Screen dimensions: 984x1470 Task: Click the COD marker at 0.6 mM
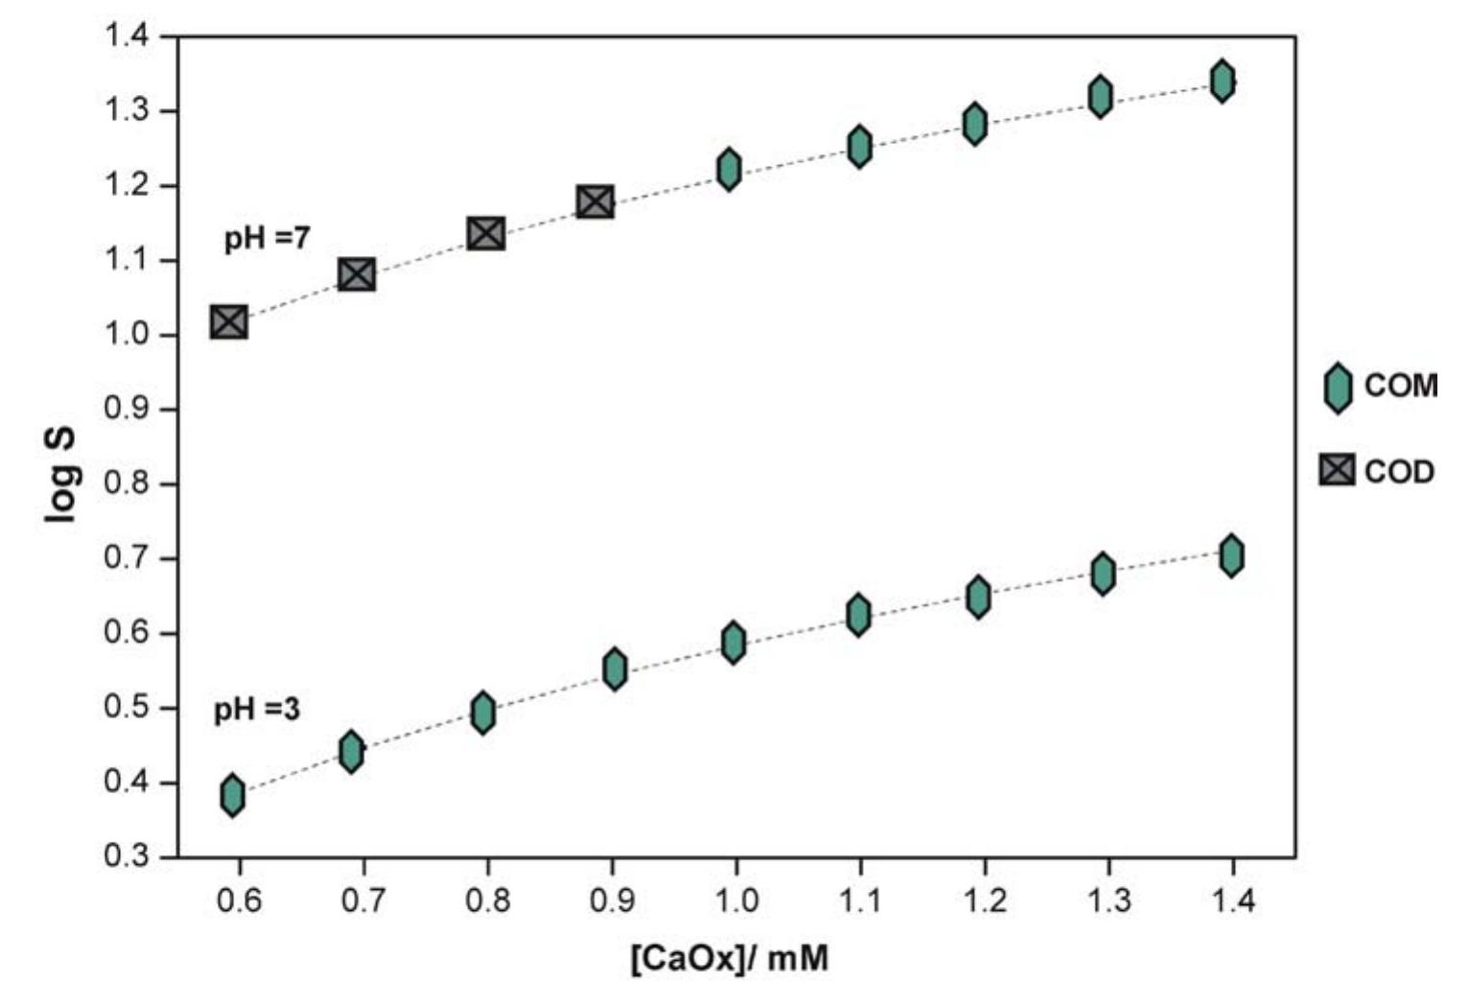point(229,322)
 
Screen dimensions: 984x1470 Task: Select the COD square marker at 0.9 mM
point(595,202)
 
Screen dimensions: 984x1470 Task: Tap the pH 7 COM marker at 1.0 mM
point(729,170)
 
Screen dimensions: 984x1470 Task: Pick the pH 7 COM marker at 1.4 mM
point(1222,81)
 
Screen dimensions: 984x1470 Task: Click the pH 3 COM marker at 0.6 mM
point(232,795)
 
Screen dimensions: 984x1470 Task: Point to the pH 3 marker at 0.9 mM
point(616,668)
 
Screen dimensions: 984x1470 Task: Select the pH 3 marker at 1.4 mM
point(1232,555)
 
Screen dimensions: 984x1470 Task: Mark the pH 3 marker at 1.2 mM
point(978,597)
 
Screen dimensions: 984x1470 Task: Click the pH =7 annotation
point(267,238)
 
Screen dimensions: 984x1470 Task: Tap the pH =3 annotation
point(256,710)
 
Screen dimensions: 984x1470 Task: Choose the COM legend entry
point(1381,387)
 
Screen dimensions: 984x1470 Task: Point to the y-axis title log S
point(60,474)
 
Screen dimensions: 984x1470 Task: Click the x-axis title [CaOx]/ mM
point(729,958)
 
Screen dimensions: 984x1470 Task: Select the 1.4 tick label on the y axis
point(127,37)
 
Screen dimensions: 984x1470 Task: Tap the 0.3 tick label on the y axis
point(127,856)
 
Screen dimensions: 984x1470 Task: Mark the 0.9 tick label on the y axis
point(127,410)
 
